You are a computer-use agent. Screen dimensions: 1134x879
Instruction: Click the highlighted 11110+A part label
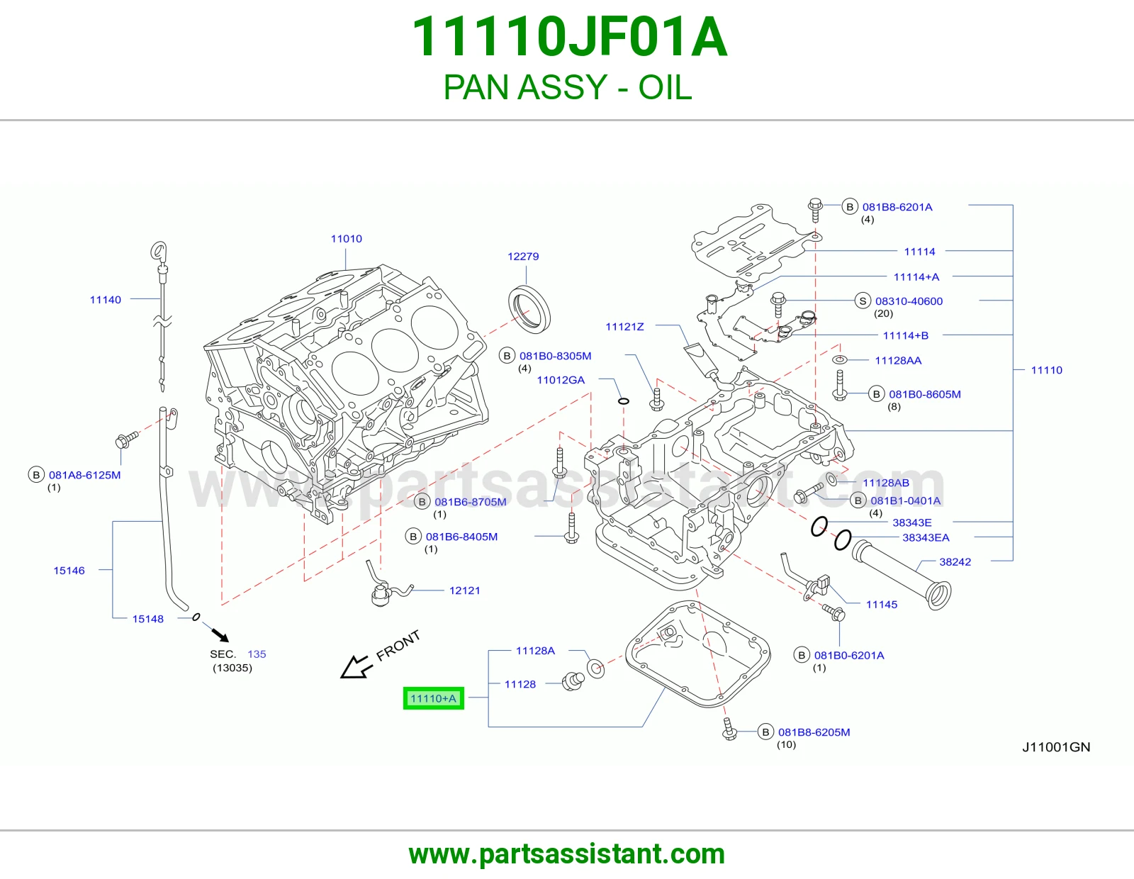[x=433, y=698]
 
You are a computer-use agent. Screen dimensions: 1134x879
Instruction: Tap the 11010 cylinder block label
[x=346, y=239]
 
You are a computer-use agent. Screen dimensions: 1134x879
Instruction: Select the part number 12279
[x=523, y=257]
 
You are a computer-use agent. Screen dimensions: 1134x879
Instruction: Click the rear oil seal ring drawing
[x=529, y=310]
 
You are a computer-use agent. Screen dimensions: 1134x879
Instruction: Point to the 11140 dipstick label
[x=106, y=300]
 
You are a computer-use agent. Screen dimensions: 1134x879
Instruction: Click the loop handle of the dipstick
[x=158, y=250]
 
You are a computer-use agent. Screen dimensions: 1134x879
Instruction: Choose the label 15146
[x=69, y=571]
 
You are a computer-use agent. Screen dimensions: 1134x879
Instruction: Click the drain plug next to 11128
[x=573, y=682]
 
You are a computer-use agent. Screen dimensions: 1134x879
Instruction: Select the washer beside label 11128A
[x=595, y=668]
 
